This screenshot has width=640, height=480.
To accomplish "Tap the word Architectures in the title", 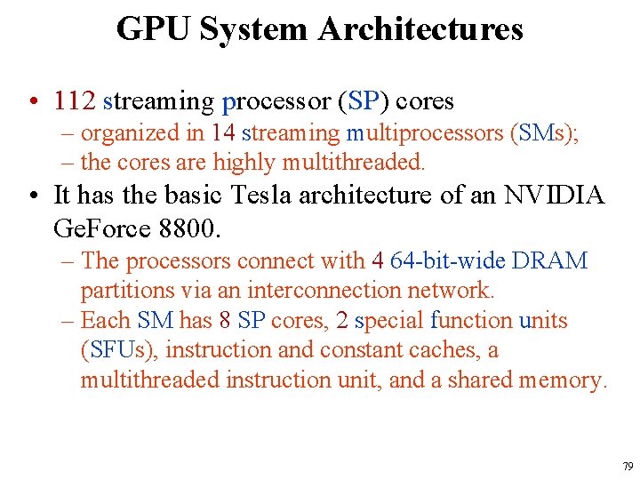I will pos(420,29).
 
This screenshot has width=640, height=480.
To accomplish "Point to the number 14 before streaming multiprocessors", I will pos(223,133).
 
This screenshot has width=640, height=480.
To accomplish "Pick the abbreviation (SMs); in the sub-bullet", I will pos(544,133).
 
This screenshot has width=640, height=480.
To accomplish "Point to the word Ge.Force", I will pos(93,228).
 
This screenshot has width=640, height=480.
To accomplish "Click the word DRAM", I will pos(548,260).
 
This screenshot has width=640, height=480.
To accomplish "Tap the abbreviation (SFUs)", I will pos(119,349).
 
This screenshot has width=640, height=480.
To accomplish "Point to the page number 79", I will pos(628,466).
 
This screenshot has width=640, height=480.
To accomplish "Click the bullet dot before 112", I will pos(32,101).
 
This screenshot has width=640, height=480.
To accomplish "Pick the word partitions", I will pos(124,290).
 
